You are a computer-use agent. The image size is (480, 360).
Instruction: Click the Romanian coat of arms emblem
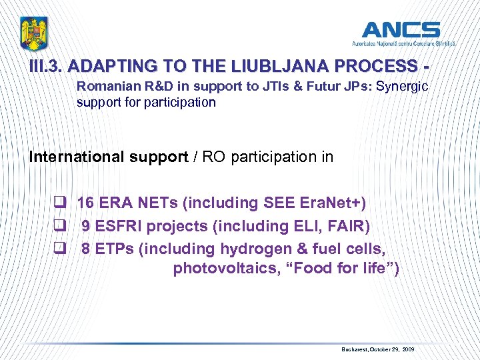[x=35, y=33]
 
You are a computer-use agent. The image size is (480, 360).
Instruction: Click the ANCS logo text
[x=401, y=30]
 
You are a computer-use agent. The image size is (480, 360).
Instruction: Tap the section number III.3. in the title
[x=46, y=67]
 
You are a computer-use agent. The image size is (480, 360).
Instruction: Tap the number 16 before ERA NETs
[x=85, y=203]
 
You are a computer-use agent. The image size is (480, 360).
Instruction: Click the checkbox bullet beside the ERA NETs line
[x=60, y=203]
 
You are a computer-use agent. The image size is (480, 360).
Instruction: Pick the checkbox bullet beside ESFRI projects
[x=60, y=227]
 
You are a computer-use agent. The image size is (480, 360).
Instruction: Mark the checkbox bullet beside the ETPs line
[x=60, y=249]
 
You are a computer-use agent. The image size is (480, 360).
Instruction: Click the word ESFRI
[x=118, y=226]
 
